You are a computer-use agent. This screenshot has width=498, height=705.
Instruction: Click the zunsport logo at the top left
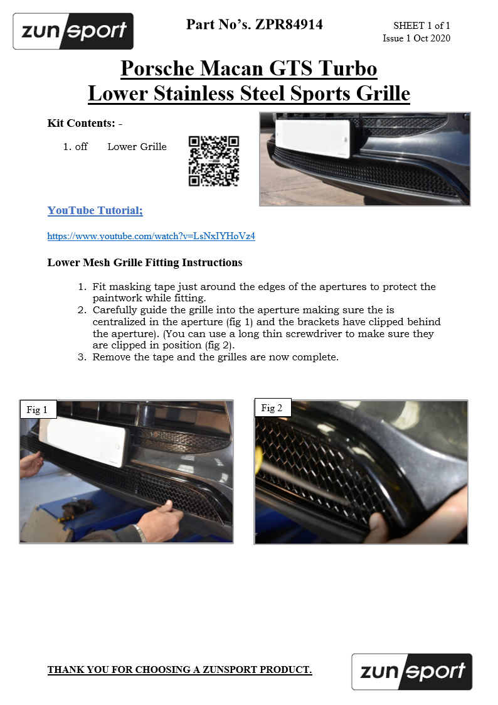[73, 31]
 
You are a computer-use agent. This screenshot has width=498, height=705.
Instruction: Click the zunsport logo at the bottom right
[411, 672]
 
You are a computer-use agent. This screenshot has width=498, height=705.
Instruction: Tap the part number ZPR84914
[289, 25]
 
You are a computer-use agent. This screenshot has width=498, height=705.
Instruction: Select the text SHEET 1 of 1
[421, 26]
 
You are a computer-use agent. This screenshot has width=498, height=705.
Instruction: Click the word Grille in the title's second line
[379, 94]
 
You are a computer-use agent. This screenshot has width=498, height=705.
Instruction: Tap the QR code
[214, 161]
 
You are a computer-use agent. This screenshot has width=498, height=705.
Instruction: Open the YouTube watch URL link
[151, 237]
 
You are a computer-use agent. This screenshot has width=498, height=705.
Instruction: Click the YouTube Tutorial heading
[95, 210]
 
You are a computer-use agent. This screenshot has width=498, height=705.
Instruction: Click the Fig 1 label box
[38, 410]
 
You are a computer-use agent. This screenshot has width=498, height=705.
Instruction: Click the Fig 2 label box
[272, 408]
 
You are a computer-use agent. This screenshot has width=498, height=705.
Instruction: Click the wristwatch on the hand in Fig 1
[140, 533]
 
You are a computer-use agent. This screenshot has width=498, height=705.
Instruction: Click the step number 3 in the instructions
[82, 357]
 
